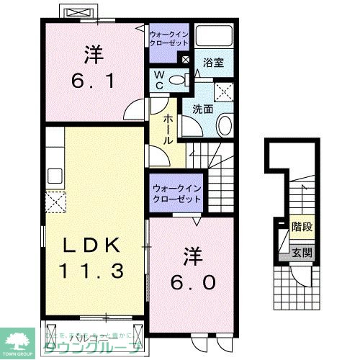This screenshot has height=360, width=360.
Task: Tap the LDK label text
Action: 89,246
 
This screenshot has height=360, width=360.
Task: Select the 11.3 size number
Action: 92,271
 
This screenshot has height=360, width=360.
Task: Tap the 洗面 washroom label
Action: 204,110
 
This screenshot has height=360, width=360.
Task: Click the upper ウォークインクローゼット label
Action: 170,38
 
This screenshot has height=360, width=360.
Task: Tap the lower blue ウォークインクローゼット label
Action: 176,193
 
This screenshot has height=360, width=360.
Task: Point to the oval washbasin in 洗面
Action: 224,125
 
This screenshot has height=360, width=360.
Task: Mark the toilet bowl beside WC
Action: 178,80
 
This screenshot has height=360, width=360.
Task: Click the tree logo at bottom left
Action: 18,338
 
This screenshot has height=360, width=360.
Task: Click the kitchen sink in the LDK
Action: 55,176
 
